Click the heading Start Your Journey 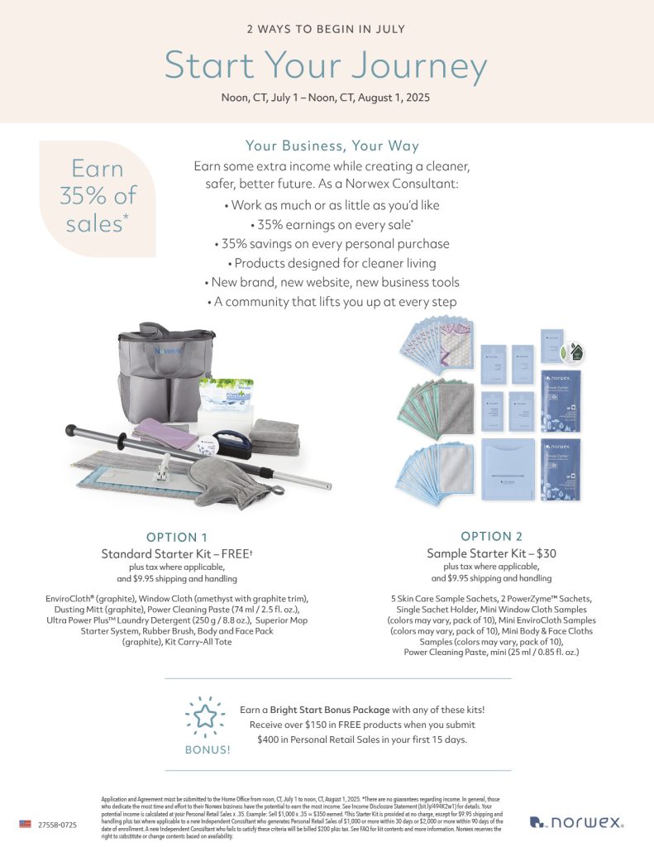(326, 66)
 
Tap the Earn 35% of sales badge (97, 195)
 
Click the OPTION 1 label (171, 538)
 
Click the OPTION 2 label (492, 537)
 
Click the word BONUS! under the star (203, 750)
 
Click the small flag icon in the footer (25, 824)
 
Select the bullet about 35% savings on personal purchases (331, 244)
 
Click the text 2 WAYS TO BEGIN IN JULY (326, 29)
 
